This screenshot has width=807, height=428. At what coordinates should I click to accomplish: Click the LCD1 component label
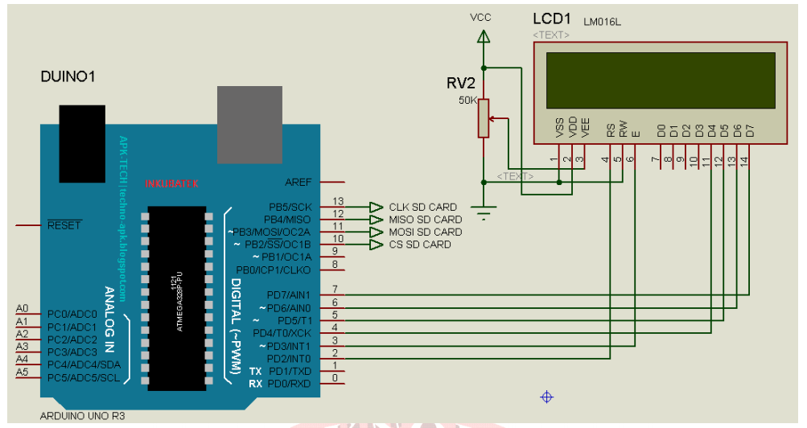click(x=553, y=18)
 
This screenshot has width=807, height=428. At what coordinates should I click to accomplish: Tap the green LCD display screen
click(x=660, y=80)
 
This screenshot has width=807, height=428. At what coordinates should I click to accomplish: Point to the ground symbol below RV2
click(x=483, y=214)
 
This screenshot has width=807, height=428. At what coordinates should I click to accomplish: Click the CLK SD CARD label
click(x=422, y=208)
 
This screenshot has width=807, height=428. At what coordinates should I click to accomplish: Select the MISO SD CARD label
click(x=425, y=220)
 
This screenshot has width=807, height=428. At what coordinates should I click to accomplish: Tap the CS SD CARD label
click(x=420, y=245)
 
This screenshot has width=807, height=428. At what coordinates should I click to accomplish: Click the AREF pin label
click(x=298, y=183)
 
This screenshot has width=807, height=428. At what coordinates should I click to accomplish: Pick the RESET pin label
click(x=64, y=225)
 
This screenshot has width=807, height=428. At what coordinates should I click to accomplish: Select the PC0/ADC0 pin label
click(x=72, y=314)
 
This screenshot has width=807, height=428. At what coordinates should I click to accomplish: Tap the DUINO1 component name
click(x=68, y=77)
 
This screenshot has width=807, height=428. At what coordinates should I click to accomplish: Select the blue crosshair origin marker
click(x=547, y=397)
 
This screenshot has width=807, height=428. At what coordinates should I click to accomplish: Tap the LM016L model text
click(x=603, y=21)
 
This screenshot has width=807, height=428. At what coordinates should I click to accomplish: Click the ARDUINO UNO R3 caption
click(x=82, y=416)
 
